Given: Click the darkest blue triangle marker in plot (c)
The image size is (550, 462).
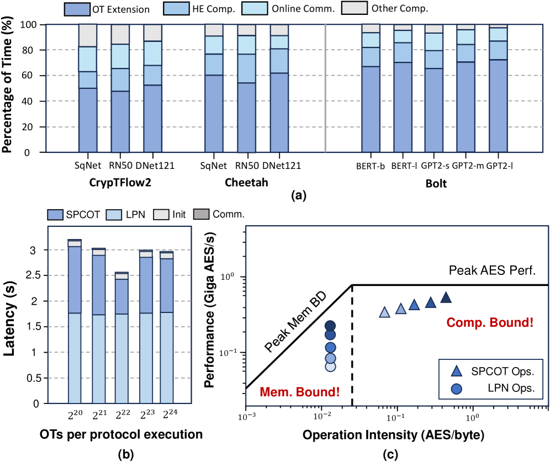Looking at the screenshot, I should (x=446, y=298).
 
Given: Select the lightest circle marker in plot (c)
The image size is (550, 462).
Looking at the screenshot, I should (x=330, y=367).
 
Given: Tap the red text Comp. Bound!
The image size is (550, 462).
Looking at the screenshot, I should (x=490, y=322).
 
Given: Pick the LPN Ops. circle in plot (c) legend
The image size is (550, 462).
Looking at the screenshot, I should (x=456, y=389).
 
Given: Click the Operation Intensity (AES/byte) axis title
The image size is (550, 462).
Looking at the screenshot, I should (x=393, y=435).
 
